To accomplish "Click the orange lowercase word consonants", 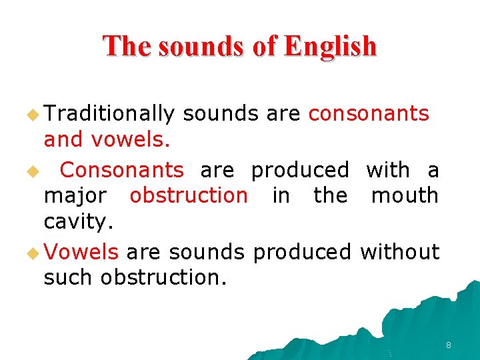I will click(369, 114).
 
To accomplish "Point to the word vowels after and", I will click(131, 139).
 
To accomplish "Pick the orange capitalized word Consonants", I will click(121, 170).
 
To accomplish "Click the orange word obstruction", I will click(188, 196).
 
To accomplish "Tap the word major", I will click(75, 197).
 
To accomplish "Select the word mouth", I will click(405, 196).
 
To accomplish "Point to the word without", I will click(399, 252).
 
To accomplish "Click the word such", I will click(69, 277).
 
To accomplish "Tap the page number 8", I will click(448, 345).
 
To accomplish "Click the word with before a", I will click(388, 170).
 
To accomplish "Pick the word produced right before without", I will click(302, 252).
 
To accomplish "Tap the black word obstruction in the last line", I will click(163, 277).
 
